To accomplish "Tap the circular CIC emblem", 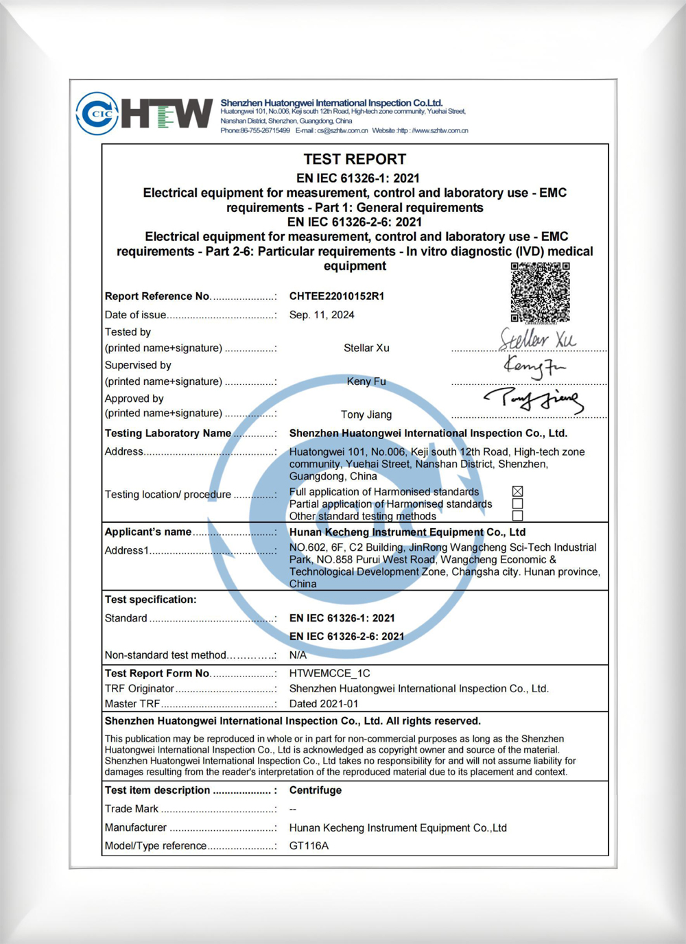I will [x=97, y=113].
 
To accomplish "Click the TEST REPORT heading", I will [x=355, y=159].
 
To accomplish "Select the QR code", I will [x=541, y=292].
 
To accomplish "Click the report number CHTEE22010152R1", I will [x=337, y=296].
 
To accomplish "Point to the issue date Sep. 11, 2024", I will [x=322, y=315].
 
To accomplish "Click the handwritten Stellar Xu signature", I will [x=537, y=339].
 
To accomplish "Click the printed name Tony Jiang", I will [x=366, y=414].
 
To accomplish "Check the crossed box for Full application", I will [x=518, y=491].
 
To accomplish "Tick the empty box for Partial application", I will [x=518, y=504].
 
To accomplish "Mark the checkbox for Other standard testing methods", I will [x=518, y=515].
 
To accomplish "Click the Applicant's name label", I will [x=148, y=532].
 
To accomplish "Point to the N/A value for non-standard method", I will [x=298, y=655].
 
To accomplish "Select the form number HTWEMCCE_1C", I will [x=329, y=674].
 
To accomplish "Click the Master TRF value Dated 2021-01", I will [x=324, y=704].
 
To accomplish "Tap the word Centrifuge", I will [x=316, y=790].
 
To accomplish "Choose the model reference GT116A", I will [x=309, y=846].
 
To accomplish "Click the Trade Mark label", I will [x=132, y=809].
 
